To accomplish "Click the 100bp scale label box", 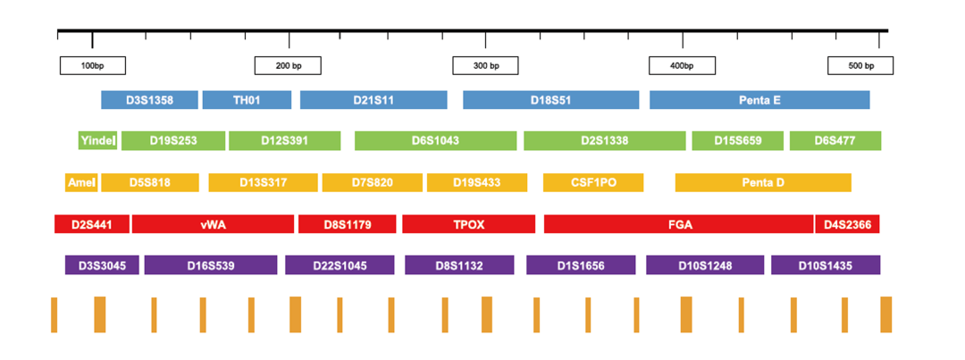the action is [x=92, y=66].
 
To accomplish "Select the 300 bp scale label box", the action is [x=485, y=66].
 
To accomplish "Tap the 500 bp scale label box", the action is [x=860, y=66].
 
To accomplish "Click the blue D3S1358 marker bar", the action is [x=149, y=100].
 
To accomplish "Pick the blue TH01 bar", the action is [x=247, y=100].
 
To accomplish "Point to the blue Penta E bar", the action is [x=759, y=100].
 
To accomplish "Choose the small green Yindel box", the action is [x=98, y=140].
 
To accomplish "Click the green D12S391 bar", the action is [x=284, y=140].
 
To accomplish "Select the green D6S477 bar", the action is [x=835, y=140].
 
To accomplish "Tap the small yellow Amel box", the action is [x=81, y=183].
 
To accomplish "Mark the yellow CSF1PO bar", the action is [x=593, y=183].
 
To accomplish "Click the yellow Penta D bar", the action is [x=763, y=183].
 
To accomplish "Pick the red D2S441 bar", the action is [x=92, y=224].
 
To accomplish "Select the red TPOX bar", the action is [x=469, y=224].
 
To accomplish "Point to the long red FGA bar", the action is [x=678, y=224].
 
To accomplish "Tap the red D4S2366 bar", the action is [x=847, y=224].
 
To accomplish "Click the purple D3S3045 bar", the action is [x=102, y=265].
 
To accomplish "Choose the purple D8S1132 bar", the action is [x=459, y=265].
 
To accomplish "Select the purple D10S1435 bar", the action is [x=826, y=265].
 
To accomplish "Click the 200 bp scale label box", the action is [x=288, y=66].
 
